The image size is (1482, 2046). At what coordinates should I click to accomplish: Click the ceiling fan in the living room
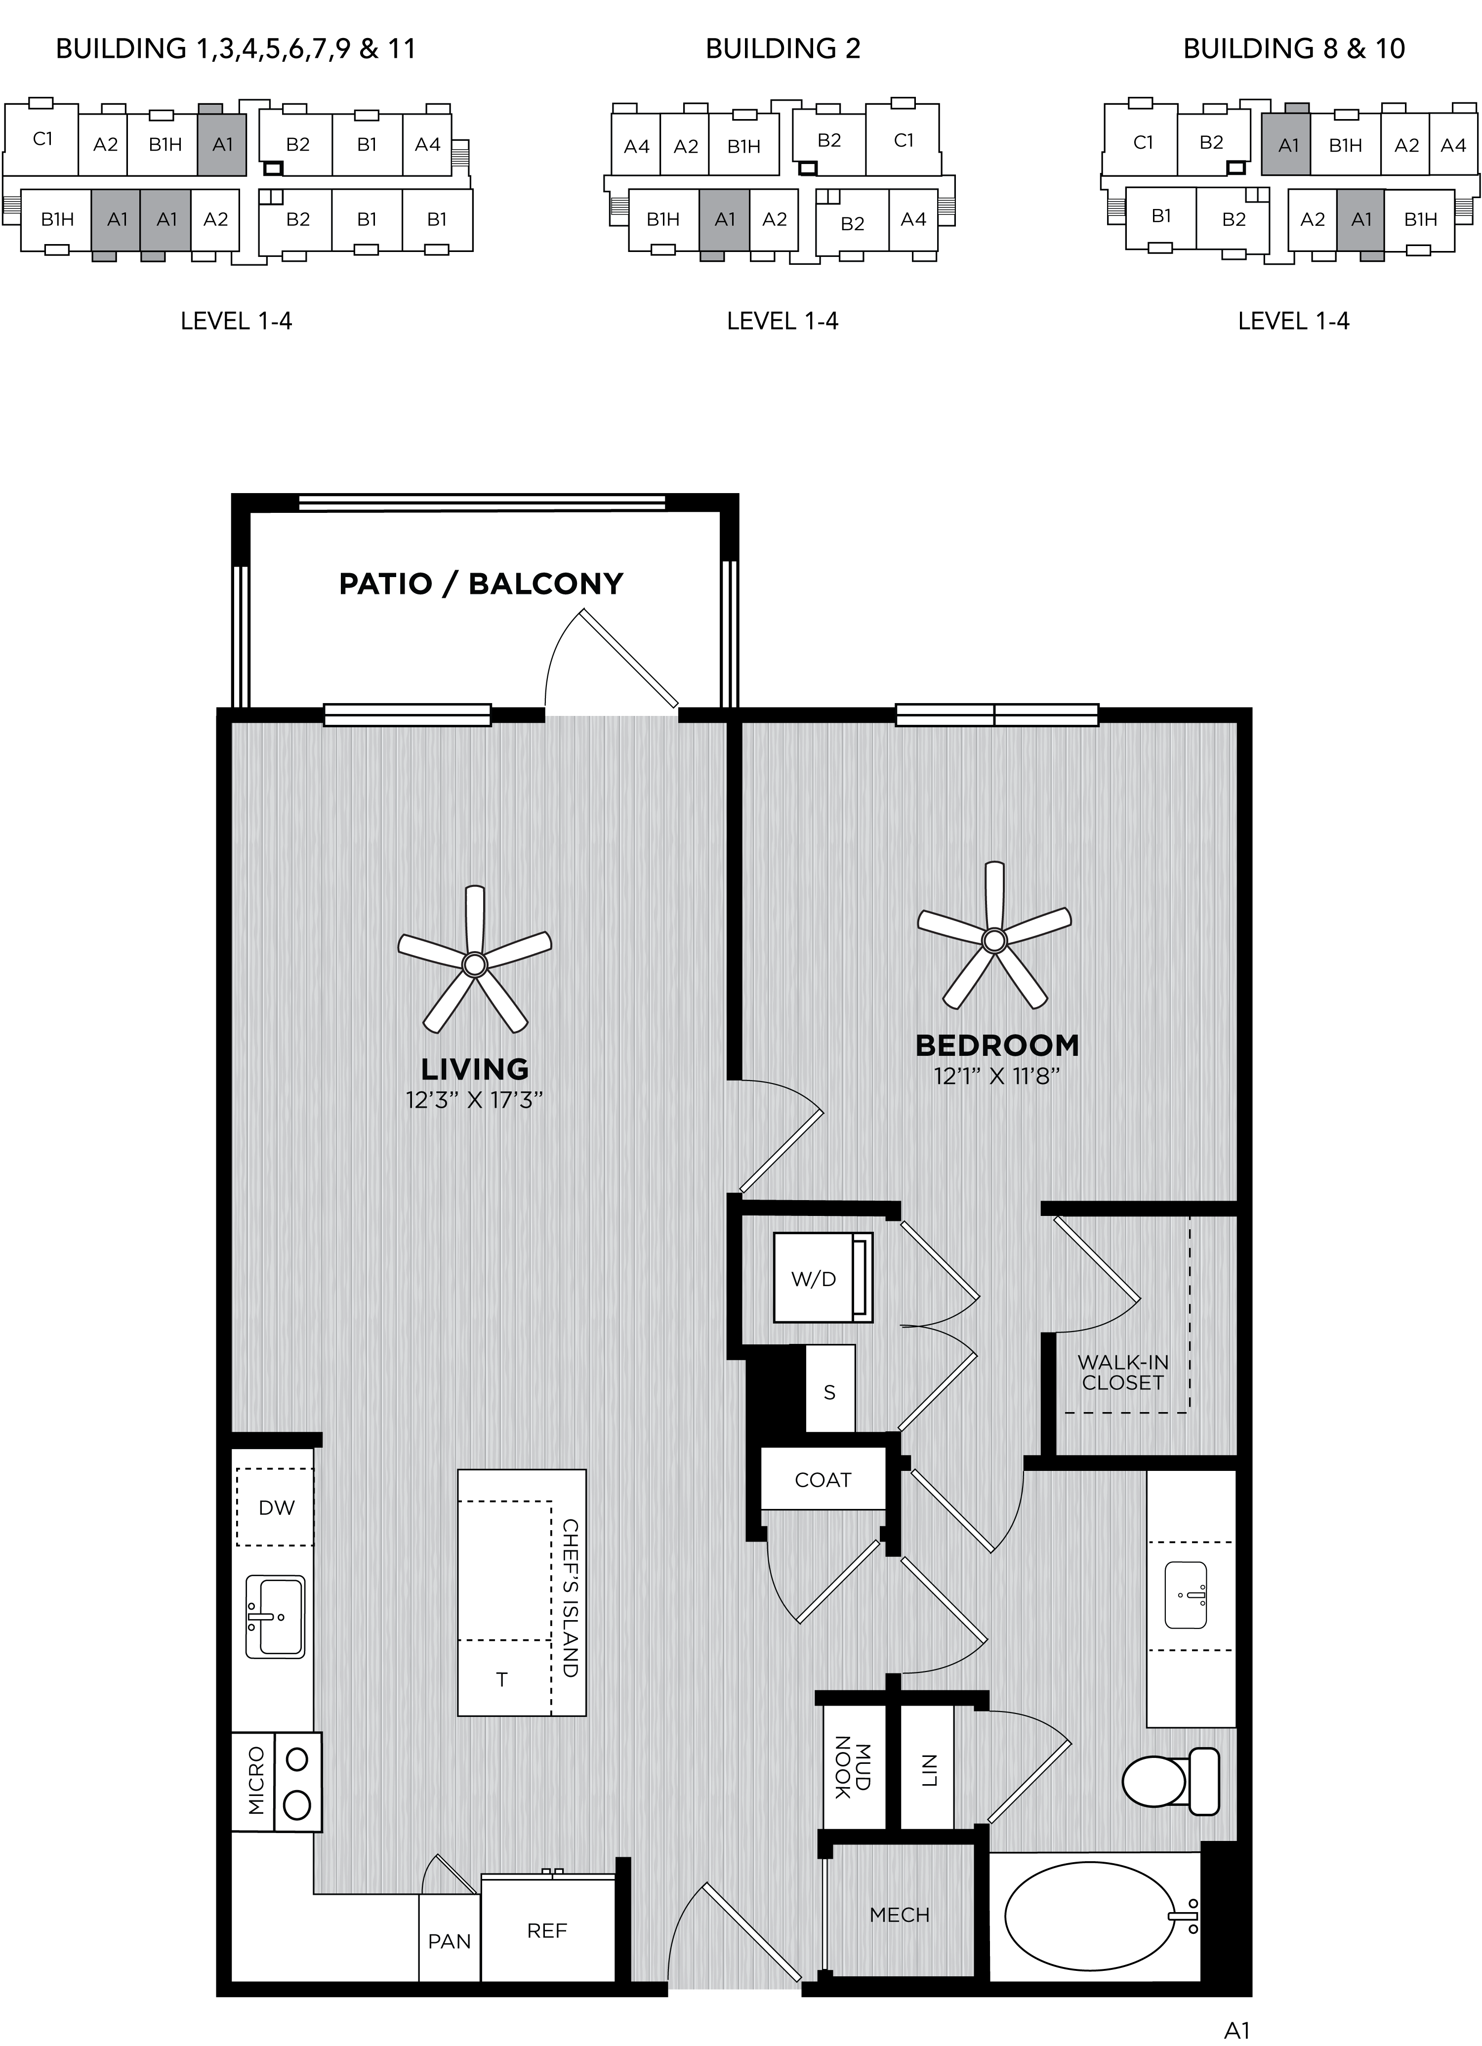pyautogui.click(x=474, y=963)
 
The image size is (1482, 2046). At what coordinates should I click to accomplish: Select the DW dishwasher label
pyautogui.click(x=276, y=1507)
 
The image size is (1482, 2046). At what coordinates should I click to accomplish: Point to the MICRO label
pyautogui.click(x=256, y=1781)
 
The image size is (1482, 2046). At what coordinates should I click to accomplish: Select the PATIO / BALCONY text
pyautogui.click(x=481, y=584)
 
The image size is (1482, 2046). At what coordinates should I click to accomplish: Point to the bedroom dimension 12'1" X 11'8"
pyautogui.click(x=996, y=1076)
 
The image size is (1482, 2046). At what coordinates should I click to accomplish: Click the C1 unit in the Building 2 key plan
pyautogui.click(x=903, y=141)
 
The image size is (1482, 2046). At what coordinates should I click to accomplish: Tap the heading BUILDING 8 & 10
pyautogui.click(x=1293, y=49)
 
